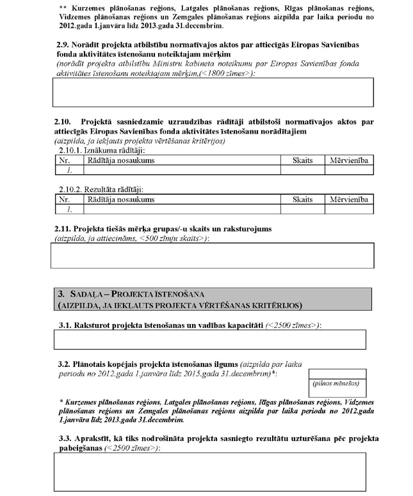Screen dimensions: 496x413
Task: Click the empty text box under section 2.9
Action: [212, 92]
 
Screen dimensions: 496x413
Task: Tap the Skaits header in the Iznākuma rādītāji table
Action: [302, 160]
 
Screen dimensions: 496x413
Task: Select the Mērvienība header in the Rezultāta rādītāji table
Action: [349, 199]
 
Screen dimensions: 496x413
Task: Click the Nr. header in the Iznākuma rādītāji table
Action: [63, 160]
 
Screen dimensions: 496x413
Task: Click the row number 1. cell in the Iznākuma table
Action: [69, 170]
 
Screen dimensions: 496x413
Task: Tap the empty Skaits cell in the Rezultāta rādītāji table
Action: [302, 209]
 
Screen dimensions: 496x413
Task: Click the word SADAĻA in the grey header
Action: [85, 294]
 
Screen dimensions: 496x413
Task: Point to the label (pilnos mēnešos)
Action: [336, 385]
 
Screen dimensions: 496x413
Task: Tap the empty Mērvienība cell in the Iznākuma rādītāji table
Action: [349, 170]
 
